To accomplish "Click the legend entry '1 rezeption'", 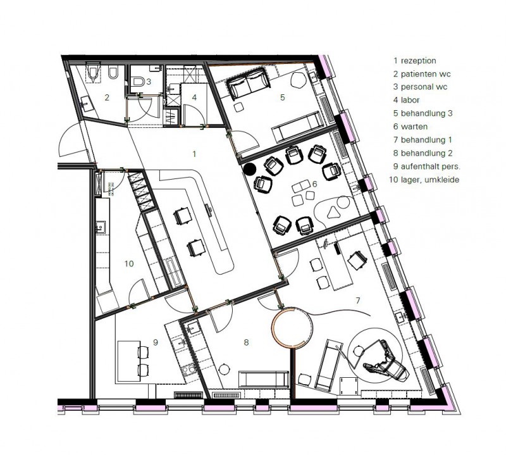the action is pyautogui.click(x=415, y=61).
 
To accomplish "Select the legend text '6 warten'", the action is pyautogui.click(x=410, y=127).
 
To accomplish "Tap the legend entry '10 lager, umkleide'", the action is pyautogui.click(x=424, y=180).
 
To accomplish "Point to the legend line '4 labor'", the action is pyautogui.click(x=406, y=100).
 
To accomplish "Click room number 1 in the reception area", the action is pyautogui.click(x=194, y=154).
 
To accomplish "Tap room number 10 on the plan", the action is pyautogui.click(x=129, y=264).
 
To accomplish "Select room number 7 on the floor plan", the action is pyautogui.click(x=357, y=301).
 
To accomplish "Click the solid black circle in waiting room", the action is pyautogui.click(x=249, y=169).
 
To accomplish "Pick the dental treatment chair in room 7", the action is pyautogui.click(x=386, y=362).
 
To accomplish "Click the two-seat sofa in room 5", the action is pyautogui.click(x=249, y=83).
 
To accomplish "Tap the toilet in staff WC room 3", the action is pyautogui.click(x=139, y=81).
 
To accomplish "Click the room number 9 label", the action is pyautogui.click(x=156, y=342).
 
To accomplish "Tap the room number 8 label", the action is pyautogui.click(x=246, y=342).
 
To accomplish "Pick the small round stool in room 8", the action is pyautogui.click(x=224, y=369).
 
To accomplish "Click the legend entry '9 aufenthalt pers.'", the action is pyautogui.click(x=427, y=166).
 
